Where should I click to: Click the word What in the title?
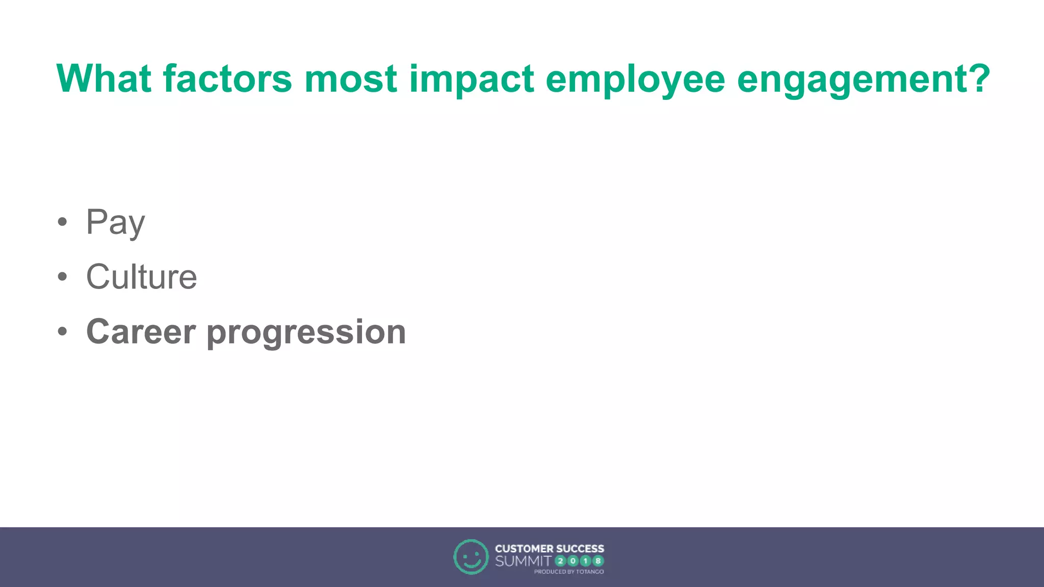pyautogui.click(x=103, y=79)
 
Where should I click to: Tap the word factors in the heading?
pyautogui.click(x=227, y=79)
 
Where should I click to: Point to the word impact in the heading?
pyautogui.click(x=471, y=81)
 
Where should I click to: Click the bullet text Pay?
pyautogui.click(x=116, y=223)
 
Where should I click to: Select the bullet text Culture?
pyautogui.click(x=141, y=277)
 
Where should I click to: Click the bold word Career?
pyautogui.click(x=141, y=332)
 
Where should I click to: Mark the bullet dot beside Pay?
pyautogui.click(x=62, y=222)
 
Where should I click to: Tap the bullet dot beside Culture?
pyautogui.click(x=62, y=277)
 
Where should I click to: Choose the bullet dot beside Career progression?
pyautogui.click(x=62, y=332)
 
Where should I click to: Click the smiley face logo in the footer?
pyautogui.click(x=471, y=556)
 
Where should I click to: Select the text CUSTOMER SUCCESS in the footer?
pyautogui.click(x=549, y=549)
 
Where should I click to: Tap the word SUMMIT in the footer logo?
pyautogui.click(x=523, y=561)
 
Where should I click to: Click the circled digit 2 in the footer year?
pyautogui.click(x=560, y=561)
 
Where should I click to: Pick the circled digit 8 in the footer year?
pyautogui.click(x=598, y=561)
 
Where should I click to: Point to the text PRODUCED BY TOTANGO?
pyautogui.click(x=568, y=572)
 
